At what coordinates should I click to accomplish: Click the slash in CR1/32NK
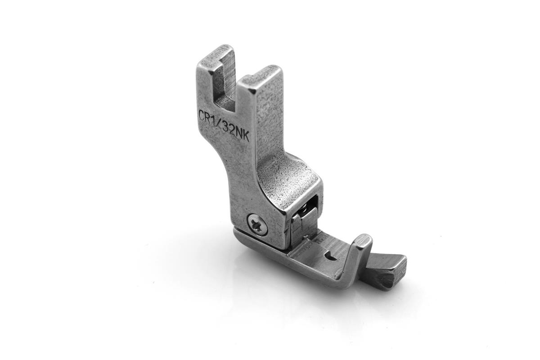(221, 124)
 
